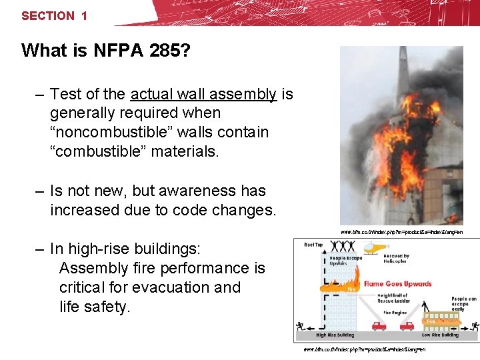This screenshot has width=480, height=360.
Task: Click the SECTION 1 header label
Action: (54, 15)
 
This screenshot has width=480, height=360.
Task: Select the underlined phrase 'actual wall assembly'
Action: (203, 94)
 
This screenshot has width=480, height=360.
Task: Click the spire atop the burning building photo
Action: (405, 67)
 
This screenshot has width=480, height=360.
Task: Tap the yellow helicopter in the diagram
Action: (377, 248)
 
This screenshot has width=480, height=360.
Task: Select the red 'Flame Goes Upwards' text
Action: (397, 284)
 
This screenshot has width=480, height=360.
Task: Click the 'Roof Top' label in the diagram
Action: (313, 245)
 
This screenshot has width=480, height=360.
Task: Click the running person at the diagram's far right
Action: (474, 326)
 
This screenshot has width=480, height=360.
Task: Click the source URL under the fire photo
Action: (401, 232)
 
